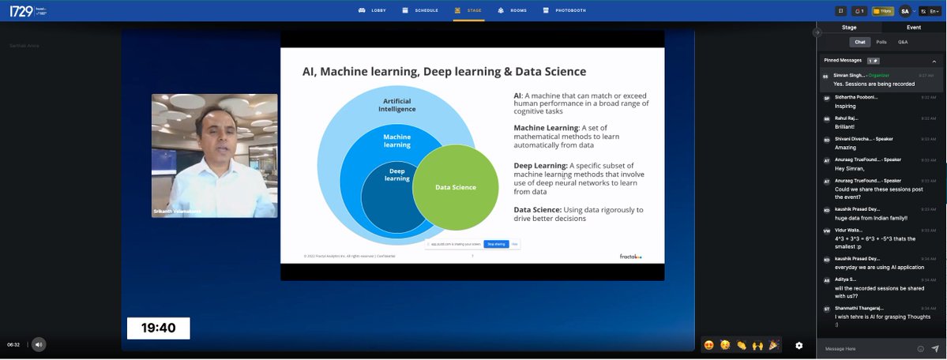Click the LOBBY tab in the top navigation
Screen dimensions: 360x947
374,10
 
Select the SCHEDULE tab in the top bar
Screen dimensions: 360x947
421,10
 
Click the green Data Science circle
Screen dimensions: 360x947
456,187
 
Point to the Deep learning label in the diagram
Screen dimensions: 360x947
397,174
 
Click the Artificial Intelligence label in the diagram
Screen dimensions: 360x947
397,105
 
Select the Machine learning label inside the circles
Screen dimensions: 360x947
397,141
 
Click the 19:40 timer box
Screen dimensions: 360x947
158,328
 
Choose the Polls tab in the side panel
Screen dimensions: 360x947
881,41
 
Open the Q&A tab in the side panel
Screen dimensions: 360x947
903,41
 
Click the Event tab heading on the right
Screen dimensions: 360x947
914,27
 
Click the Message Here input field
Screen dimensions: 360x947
865,348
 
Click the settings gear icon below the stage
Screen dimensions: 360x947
799,345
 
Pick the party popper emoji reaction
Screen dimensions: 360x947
773,345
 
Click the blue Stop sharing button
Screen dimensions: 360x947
495,245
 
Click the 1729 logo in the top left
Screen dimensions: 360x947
19,10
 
